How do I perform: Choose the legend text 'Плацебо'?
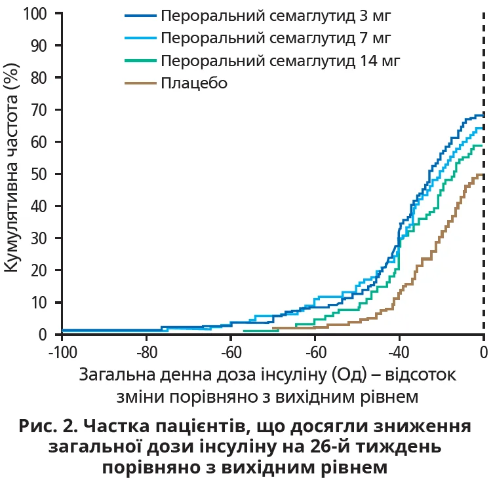193,83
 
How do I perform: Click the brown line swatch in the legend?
140,83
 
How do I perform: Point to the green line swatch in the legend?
140,61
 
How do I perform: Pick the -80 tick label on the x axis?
146,352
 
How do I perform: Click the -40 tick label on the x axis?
399,352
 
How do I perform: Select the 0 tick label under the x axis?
483,352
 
